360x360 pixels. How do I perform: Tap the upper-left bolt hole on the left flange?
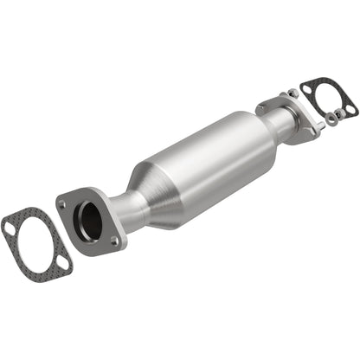point(63,203)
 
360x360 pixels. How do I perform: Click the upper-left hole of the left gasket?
point(9,227)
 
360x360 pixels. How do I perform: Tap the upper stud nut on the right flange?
point(295,93)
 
